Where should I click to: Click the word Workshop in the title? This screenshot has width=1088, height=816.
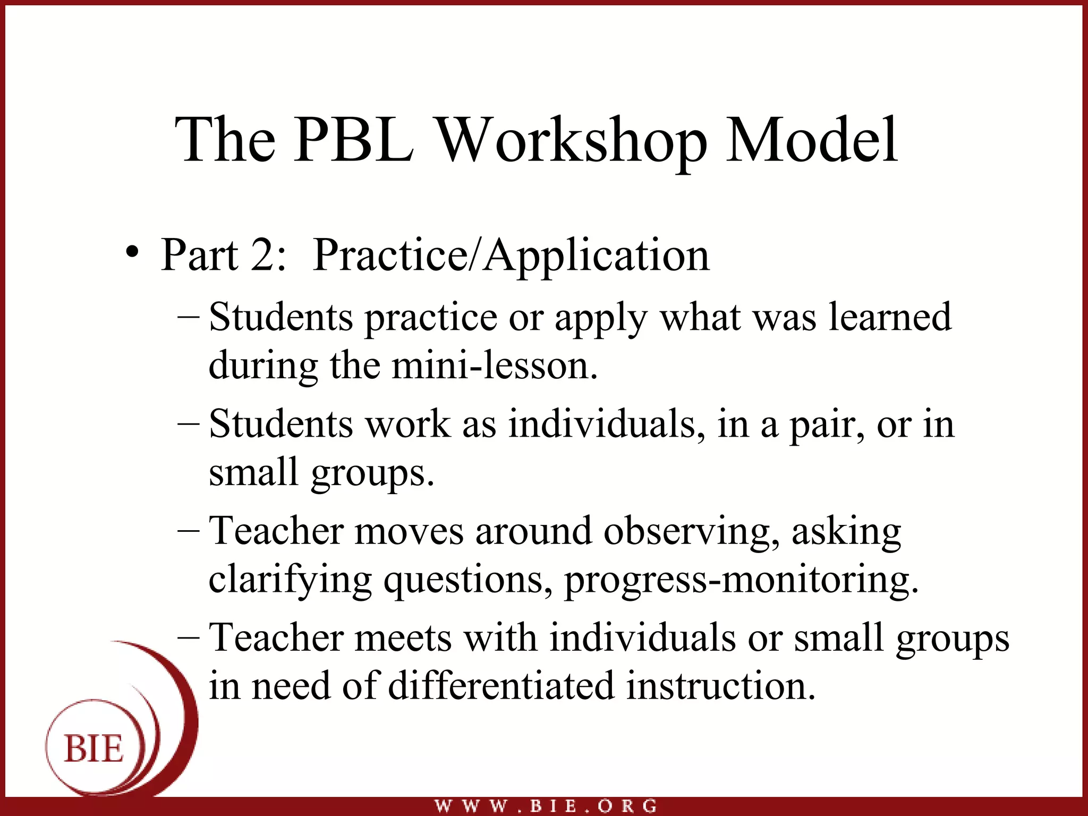pyautogui.click(x=572, y=141)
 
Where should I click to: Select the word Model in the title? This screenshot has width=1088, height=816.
pyautogui.click(x=811, y=140)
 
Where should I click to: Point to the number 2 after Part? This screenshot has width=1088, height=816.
pyautogui.click(x=264, y=256)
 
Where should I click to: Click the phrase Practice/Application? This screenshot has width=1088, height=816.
pyautogui.click(x=511, y=257)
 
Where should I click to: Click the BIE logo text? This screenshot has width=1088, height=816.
pyautogui.click(x=93, y=749)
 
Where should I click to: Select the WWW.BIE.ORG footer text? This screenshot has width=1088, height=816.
pyautogui.click(x=546, y=806)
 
